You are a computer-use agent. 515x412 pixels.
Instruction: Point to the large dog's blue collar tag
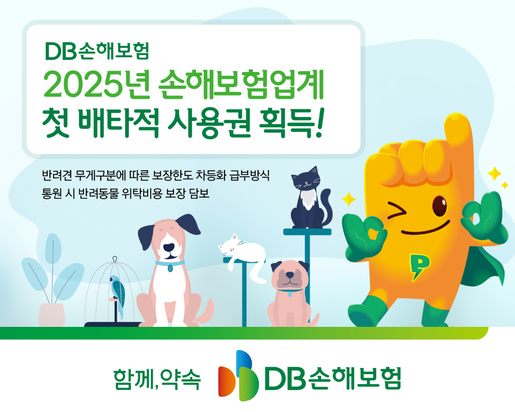170,268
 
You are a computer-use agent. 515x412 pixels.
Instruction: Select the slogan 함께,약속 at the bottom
157,379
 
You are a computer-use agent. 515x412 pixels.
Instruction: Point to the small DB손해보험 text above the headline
98,51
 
